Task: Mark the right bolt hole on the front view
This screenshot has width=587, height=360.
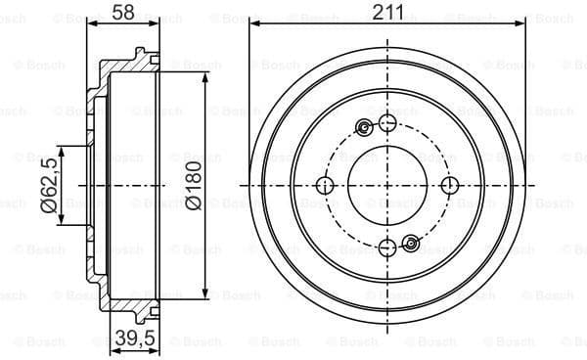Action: pyautogui.click(x=449, y=186)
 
